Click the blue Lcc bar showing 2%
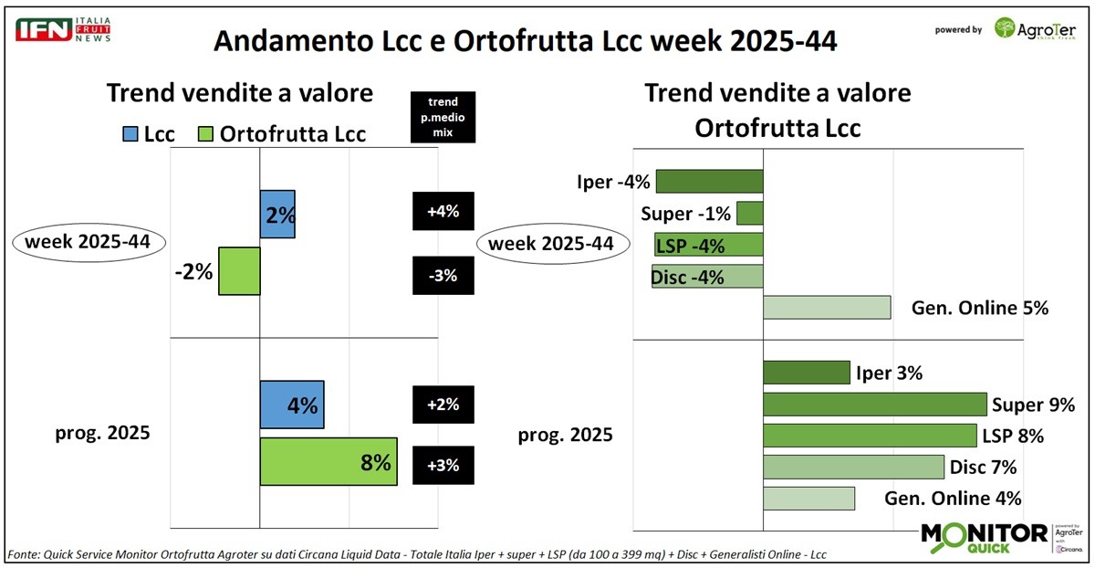pyautogui.click(x=277, y=215)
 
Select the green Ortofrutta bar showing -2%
pyautogui.click(x=239, y=271)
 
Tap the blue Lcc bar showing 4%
pyautogui.click(x=292, y=405)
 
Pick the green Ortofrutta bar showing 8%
pyautogui.click(x=328, y=462)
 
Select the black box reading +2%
pyautogui.click(x=443, y=405)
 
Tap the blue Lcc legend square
pyautogui.click(x=129, y=134)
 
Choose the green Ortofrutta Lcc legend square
pyautogui.click(x=205, y=134)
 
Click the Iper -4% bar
pyautogui.click(x=709, y=182)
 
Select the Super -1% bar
pyautogui.click(x=749, y=214)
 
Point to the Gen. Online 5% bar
pyautogui.click(x=826, y=308)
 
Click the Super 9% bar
pyautogui.click(x=874, y=405)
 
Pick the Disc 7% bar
pyautogui.click(x=852, y=468)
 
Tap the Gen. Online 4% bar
pyautogui.click(x=808, y=499)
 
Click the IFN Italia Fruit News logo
pyautogui.click(x=63, y=29)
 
